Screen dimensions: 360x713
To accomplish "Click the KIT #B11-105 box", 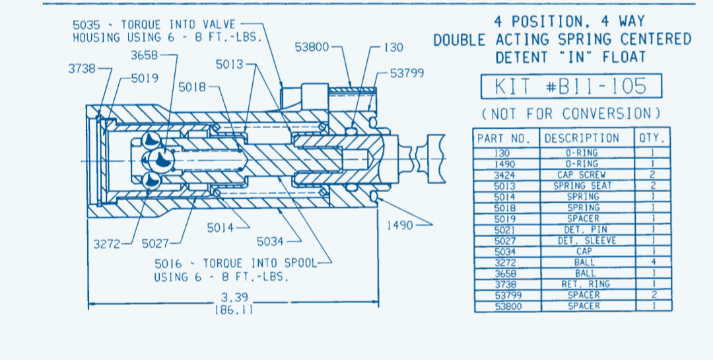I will [570, 87].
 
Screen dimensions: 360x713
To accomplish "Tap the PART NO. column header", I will [504, 138].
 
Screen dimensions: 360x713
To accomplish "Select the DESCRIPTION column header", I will [581, 138].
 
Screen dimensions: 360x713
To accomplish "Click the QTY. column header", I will [652, 138].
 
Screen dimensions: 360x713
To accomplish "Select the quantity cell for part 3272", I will [652, 262].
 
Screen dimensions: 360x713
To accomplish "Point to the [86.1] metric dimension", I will [233, 308].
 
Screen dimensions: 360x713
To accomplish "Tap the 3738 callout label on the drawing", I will [82, 68].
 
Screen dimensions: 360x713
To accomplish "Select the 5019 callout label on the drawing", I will [145, 79].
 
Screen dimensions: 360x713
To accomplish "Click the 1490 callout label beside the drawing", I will [399, 225].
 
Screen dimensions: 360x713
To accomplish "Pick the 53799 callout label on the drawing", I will [407, 73].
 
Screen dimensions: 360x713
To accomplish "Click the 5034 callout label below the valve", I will [271, 241].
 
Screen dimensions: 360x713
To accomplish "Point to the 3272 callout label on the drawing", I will [107, 243].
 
